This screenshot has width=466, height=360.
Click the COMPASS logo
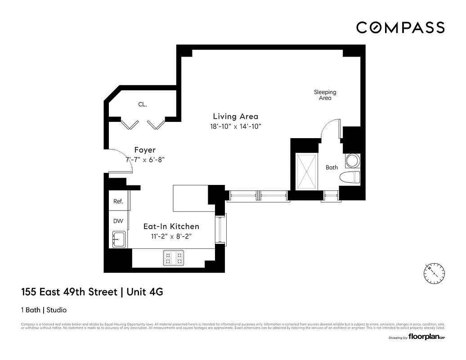pyautogui.click(x=400, y=27)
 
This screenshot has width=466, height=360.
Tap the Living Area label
pyautogui.click(x=235, y=117)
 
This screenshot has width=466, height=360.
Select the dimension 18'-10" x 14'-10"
pyautogui.click(x=235, y=126)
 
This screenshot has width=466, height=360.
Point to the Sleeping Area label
pyautogui.click(x=325, y=95)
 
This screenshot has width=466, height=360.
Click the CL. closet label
pyautogui.click(x=143, y=104)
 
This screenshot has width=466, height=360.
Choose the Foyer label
pyautogui.click(x=145, y=150)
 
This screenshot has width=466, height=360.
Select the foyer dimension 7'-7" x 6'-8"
pyautogui.click(x=145, y=160)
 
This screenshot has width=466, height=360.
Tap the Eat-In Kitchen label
pyautogui.click(x=171, y=226)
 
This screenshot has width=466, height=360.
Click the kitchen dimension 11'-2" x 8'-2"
pyautogui.click(x=171, y=236)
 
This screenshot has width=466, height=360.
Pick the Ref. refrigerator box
pyautogui.click(x=118, y=201)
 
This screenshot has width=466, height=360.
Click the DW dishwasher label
pyautogui.click(x=118, y=221)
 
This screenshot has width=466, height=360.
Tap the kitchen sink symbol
pyautogui.click(x=119, y=238)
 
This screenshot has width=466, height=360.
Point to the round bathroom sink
pyautogui.click(x=353, y=160)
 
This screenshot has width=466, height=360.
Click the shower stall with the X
pyautogui.click(x=306, y=171)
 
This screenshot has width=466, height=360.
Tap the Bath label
pyautogui.click(x=332, y=167)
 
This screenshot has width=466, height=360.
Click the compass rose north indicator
pyautogui.click(x=434, y=273)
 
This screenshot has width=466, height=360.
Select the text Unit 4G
pyautogui.click(x=145, y=292)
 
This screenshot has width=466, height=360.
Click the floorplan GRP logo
pyautogui.click(x=426, y=337)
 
